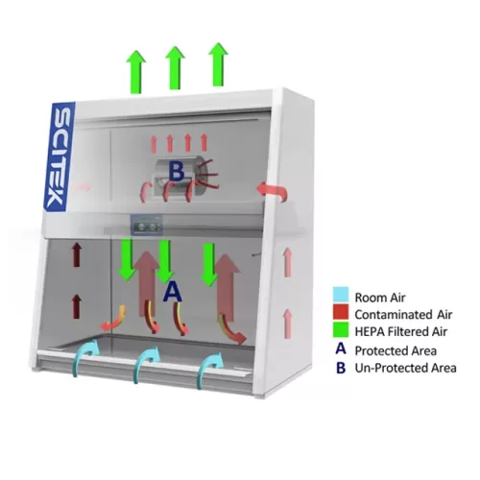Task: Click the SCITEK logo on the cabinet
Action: [x=60, y=156]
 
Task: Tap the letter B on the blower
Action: [x=177, y=171]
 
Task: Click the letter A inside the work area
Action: [x=173, y=292]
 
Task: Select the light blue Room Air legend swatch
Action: [x=341, y=295]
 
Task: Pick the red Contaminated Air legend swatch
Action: [x=341, y=312]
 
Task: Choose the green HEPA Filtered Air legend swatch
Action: [x=341, y=329]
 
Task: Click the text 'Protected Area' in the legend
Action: [x=396, y=350]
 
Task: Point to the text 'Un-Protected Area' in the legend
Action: [x=405, y=368]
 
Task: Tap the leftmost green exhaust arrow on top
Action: [x=136, y=72]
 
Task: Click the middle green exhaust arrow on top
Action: [x=175, y=68]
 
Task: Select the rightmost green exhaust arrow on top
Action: [x=218, y=64]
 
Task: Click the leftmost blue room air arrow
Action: [x=85, y=357]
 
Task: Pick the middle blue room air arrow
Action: [x=147, y=365]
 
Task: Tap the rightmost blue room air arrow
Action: [x=210, y=371]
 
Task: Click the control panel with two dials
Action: [x=146, y=226]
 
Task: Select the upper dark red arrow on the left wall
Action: [x=76, y=254]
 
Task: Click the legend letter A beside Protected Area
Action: [x=341, y=348]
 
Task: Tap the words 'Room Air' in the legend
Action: [x=380, y=298]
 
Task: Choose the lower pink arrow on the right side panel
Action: [x=288, y=324]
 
